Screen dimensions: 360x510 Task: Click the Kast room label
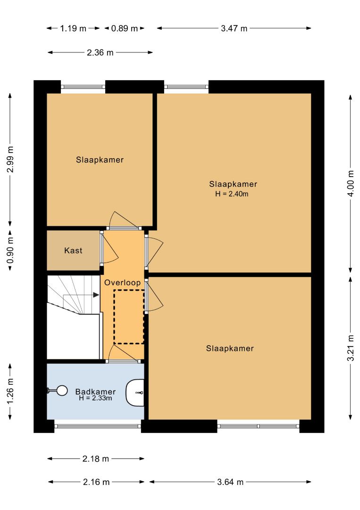pos(73,250)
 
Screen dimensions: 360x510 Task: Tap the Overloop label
pos(123,283)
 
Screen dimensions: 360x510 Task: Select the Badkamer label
pos(95,391)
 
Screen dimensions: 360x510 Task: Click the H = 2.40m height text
pos(232,194)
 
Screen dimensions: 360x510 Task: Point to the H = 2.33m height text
pos(95,398)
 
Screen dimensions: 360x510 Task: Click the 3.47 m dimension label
pos(234,28)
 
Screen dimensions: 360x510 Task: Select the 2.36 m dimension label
pos(100,52)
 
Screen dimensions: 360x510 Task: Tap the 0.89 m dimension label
pos(125,29)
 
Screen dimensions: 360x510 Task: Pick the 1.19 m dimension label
pos(73,29)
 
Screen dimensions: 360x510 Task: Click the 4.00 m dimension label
pos(351,183)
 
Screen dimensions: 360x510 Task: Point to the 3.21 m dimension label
pos(351,348)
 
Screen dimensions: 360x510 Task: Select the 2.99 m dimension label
pos(10,160)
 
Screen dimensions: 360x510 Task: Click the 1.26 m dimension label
pos(10,391)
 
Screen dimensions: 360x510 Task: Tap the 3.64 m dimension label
pos(230,482)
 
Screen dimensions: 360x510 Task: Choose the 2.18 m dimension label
pos(95,459)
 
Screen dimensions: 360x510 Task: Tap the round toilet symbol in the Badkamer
pos(61,391)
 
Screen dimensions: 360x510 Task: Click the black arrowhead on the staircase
pos(96,295)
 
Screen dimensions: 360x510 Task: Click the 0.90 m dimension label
pos(10,250)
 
